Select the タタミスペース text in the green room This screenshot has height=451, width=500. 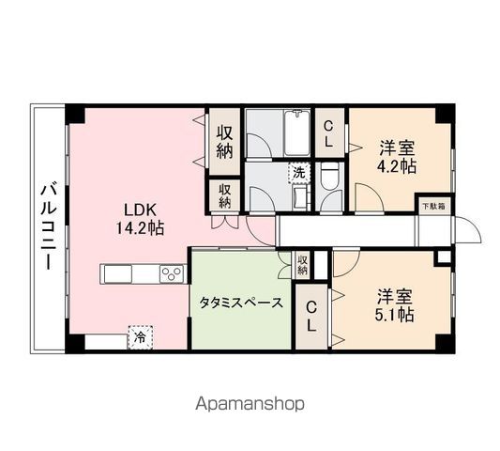click(x=241, y=303)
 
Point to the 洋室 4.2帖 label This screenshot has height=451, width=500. click(x=398, y=156)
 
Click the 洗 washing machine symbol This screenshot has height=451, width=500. click(x=297, y=172)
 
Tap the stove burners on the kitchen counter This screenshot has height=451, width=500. click(x=173, y=273)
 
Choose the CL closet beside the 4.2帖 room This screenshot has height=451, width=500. click(x=328, y=132)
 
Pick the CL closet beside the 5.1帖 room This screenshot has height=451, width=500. click(x=311, y=317)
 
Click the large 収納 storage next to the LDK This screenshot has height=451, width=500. click(x=224, y=140)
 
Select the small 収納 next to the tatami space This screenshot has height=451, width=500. click(x=301, y=264)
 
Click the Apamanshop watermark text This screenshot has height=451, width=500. click(x=250, y=404)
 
